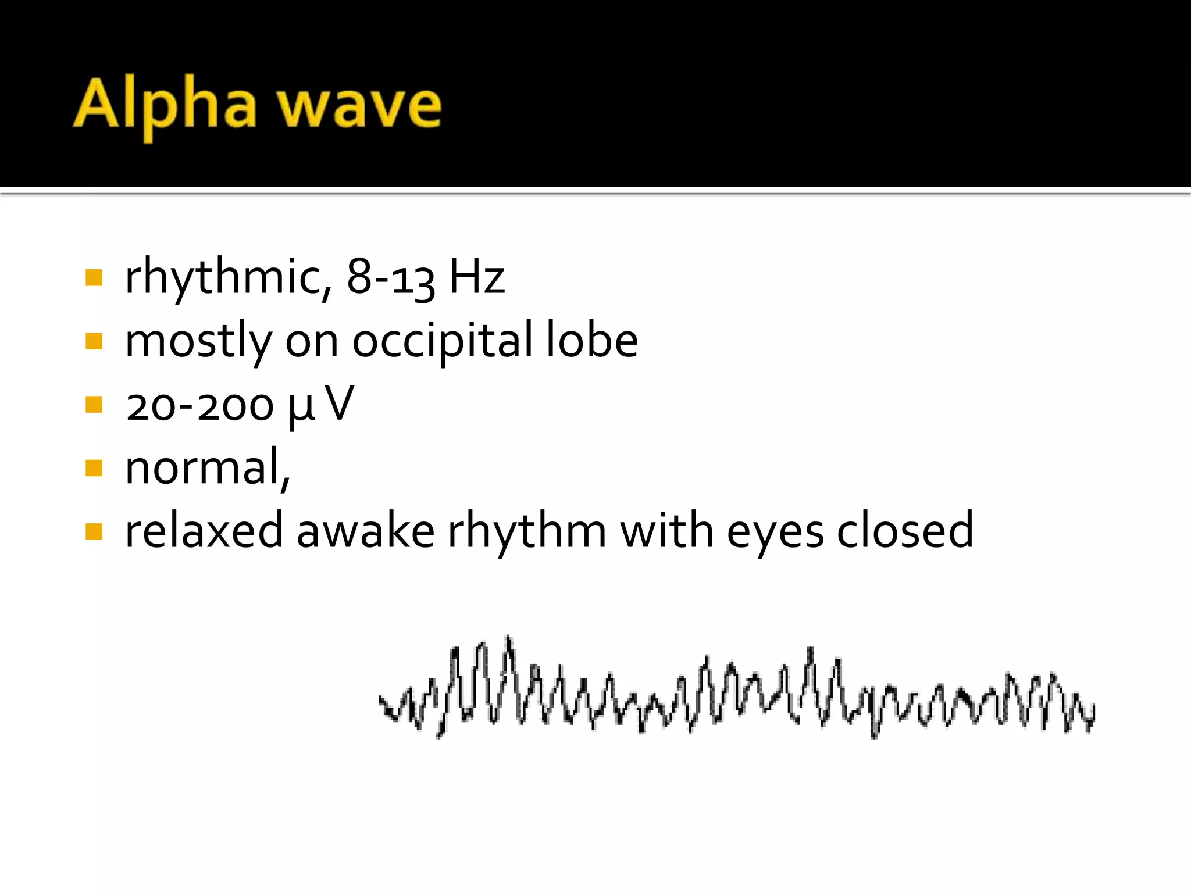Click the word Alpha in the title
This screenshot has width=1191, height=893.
click(x=165, y=106)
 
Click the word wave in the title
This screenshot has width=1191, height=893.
click(x=359, y=106)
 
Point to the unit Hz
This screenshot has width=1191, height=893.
click(x=477, y=277)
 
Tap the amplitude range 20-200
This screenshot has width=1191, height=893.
click(x=199, y=405)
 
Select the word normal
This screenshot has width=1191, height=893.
click(x=204, y=468)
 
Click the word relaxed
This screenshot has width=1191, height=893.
click(x=204, y=531)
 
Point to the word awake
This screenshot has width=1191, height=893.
click(x=365, y=531)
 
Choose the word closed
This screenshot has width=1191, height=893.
click(x=905, y=531)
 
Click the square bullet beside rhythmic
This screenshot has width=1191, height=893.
click(x=94, y=277)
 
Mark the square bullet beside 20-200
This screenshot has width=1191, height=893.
click(x=94, y=404)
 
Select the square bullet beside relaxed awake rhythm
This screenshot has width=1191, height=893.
click(x=94, y=531)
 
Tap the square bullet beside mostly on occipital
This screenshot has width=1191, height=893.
click(x=94, y=341)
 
